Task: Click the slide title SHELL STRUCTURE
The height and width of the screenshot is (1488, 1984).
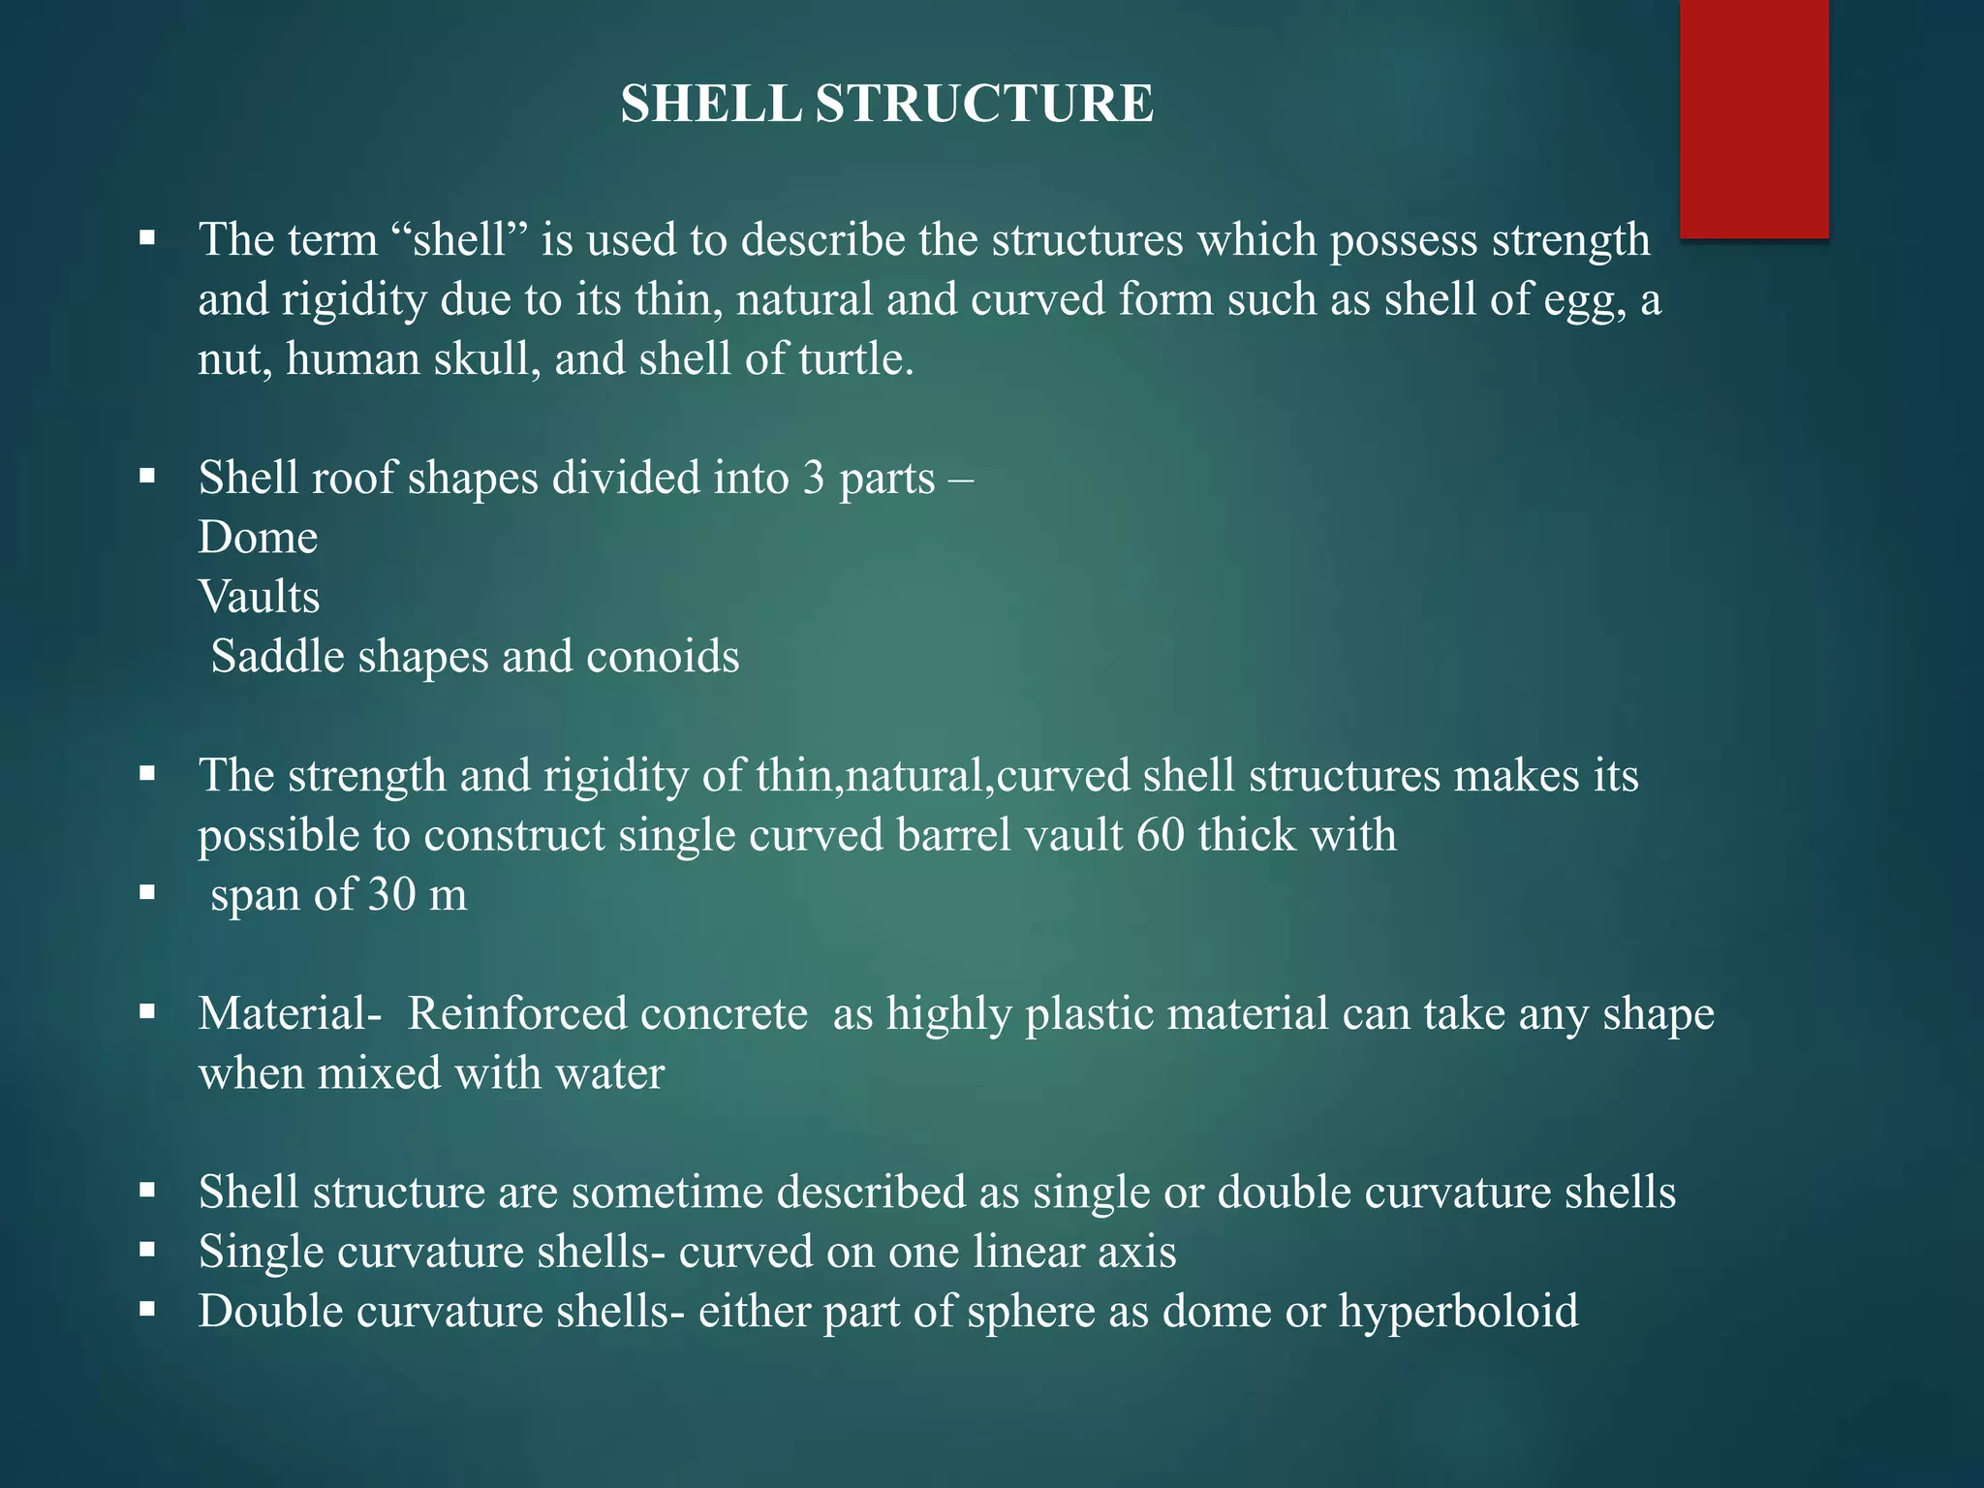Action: [x=886, y=104]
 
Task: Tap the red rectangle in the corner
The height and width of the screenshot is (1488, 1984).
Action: [x=1753, y=118]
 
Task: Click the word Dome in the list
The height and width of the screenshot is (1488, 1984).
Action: [x=258, y=538]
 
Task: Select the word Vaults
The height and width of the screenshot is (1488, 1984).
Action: [x=259, y=597]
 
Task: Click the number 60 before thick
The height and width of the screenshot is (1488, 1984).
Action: [x=1161, y=835]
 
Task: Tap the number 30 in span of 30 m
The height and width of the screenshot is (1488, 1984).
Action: [x=391, y=894]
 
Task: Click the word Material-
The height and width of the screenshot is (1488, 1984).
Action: [x=290, y=1014]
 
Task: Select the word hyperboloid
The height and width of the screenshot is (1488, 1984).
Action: [x=1458, y=1313]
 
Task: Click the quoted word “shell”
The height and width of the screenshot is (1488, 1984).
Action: [x=461, y=240]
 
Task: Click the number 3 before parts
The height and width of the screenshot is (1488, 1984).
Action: [x=813, y=479]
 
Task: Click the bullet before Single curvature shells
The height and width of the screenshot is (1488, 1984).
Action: [x=147, y=1251]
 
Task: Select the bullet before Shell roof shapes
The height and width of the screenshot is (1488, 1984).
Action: [x=147, y=477]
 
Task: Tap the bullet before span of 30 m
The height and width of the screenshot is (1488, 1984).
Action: [x=147, y=893]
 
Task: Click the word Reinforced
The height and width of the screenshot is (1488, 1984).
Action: [x=607, y=1014]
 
